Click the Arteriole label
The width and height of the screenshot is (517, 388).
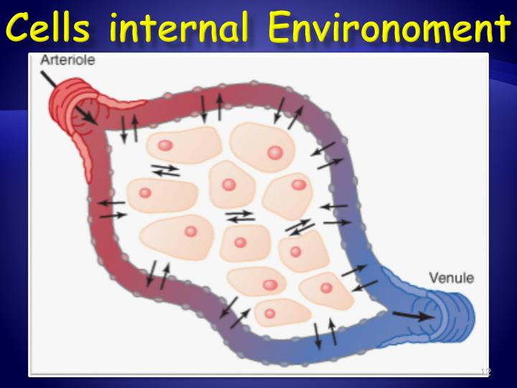[x=61, y=63]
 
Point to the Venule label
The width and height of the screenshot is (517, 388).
[x=450, y=277]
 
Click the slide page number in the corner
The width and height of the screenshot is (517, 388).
[x=485, y=371]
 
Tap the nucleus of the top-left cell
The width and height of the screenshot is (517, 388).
[x=165, y=145]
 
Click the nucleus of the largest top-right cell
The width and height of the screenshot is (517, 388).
[x=274, y=152]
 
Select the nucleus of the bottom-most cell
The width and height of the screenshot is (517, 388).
[x=270, y=313]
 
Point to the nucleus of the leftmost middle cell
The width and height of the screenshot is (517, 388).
[x=145, y=193]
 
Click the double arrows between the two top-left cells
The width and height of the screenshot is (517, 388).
[x=166, y=170]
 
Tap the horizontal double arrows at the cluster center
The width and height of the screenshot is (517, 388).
[x=239, y=215]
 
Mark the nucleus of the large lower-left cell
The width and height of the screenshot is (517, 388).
[x=190, y=231]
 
